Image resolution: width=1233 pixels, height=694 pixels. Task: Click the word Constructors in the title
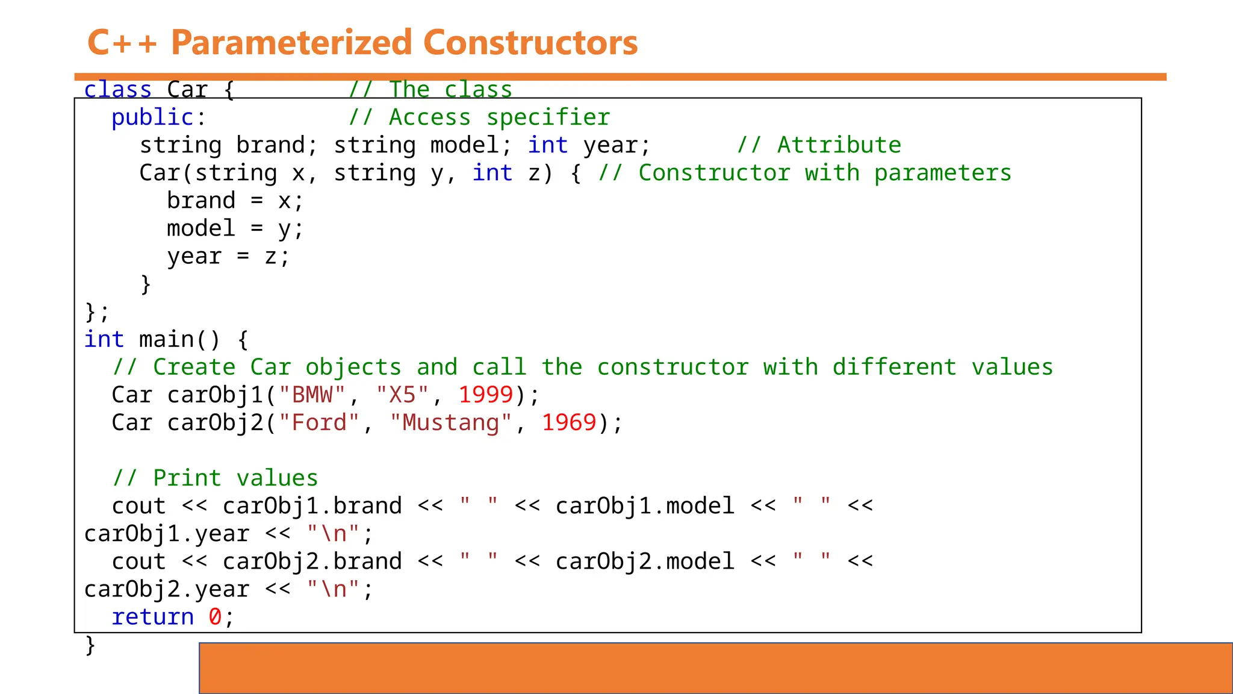coord(530,43)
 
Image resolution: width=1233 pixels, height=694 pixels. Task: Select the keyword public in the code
coord(152,117)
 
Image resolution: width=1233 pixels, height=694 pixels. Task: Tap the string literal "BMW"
coord(312,395)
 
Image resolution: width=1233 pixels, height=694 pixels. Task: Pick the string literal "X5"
coord(402,395)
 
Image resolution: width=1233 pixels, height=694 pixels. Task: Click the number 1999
coord(485,395)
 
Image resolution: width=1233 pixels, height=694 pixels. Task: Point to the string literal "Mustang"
coord(451,423)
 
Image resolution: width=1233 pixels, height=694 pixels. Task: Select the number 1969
coord(569,423)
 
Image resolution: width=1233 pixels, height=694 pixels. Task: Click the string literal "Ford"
coord(319,423)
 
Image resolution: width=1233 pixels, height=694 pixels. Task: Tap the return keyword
coord(152,617)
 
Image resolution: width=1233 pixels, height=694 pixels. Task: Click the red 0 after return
coord(215,617)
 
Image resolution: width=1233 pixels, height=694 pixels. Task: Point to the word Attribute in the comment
coord(839,145)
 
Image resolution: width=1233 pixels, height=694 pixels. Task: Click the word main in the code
coord(166,340)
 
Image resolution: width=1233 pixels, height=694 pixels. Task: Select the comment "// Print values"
coord(215,478)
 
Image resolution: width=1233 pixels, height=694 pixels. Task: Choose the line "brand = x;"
coord(235,201)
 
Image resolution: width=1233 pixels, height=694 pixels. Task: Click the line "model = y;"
coord(235,228)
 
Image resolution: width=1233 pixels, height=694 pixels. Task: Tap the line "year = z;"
coord(228,257)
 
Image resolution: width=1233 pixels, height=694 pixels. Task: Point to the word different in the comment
coord(894,367)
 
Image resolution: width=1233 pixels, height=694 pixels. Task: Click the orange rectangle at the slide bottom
coord(715,668)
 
